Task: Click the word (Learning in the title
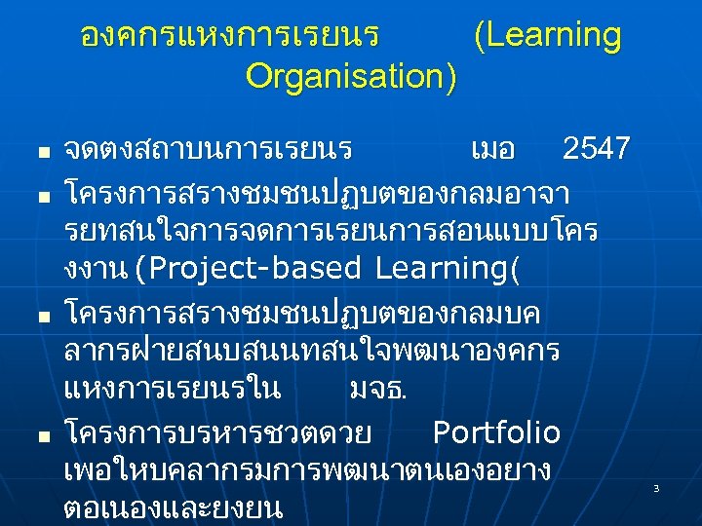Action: [547, 36]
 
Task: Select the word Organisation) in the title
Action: [351, 76]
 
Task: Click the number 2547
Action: [597, 150]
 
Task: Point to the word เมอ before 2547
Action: [492, 150]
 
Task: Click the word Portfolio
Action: [496, 432]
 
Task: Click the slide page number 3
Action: [656, 487]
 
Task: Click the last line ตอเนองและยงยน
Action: [173, 507]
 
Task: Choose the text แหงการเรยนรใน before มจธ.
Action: [172, 391]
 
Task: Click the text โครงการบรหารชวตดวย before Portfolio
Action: [222, 432]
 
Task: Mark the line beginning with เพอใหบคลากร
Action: [306, 470]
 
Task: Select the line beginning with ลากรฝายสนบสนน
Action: [311, 352]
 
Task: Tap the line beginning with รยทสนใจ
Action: [331, 228]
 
